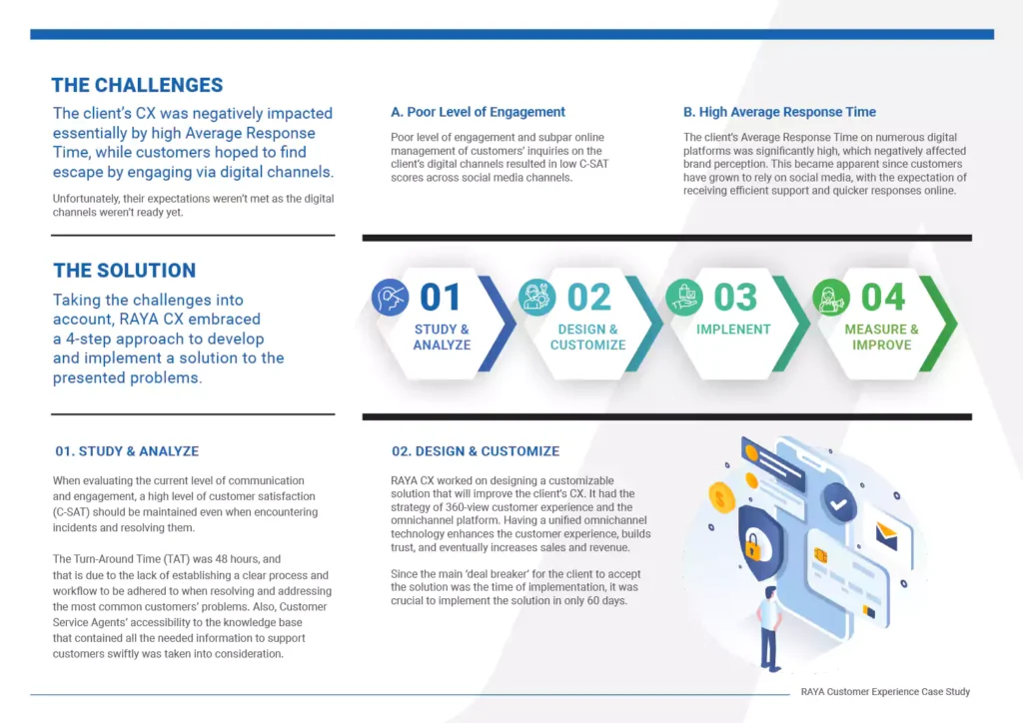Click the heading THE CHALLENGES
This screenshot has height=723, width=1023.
pos(137,86)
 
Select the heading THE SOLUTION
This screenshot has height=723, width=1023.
pos(124,271)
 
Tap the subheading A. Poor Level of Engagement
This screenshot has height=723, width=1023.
pos(478,112)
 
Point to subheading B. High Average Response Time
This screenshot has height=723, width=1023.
pos(779,112)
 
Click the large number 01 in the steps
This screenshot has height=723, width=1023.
pos(441,298)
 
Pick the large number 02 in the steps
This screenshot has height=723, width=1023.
pos(589,298)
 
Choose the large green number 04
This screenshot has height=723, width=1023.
pos(883,298)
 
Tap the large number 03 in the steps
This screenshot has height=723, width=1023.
pos(735,298)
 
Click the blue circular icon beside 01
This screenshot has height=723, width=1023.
pos(391,298)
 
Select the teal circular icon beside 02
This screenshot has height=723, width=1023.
pos(536,298)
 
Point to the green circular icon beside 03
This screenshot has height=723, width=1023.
pos(684,298)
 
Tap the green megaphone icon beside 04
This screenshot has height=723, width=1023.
pos(831,298)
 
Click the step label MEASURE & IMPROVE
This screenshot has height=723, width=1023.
pos(881,338)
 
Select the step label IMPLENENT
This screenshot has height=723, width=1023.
pos(733,330)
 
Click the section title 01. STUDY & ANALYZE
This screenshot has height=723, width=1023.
pos(127,451)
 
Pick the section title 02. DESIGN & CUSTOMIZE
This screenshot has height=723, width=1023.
pos(476,451)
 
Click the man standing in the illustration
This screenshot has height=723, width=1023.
pos(770,628)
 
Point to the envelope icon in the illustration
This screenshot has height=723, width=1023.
pos(887,535)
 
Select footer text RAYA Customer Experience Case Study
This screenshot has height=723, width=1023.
pos(885,692)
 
